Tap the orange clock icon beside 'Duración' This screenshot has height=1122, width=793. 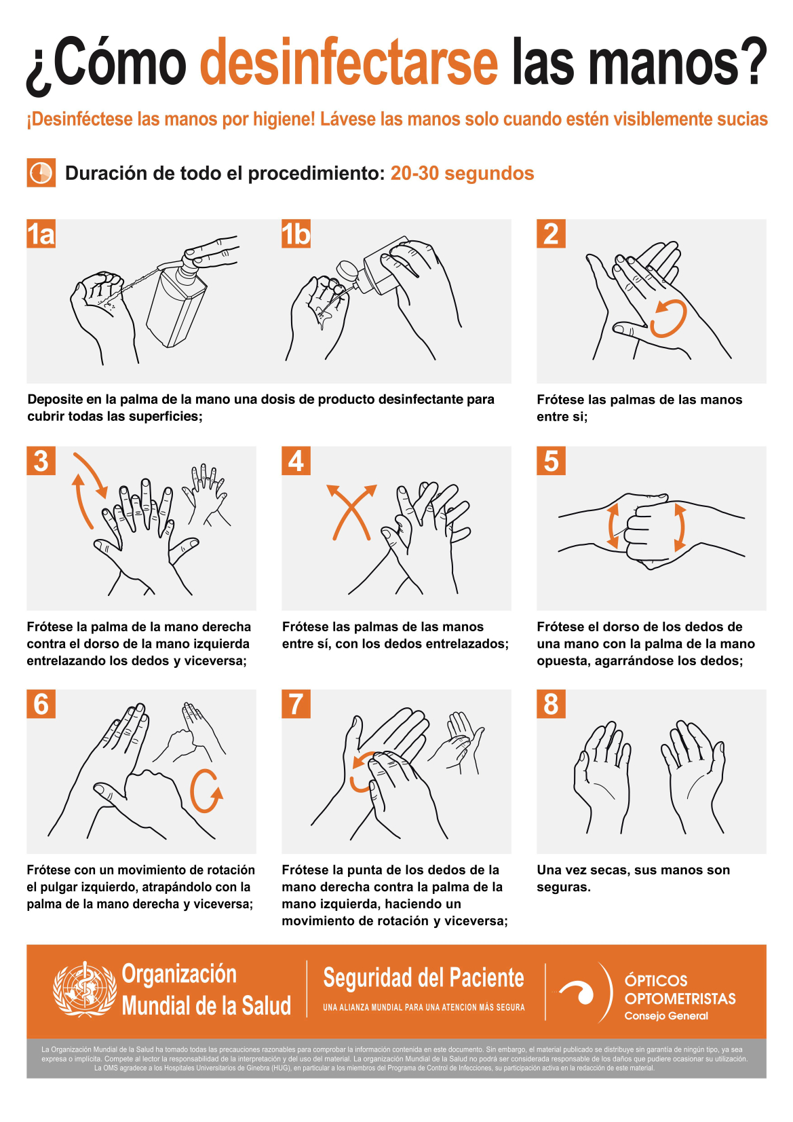(41, 173)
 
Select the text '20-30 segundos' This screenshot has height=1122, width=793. (462, 173)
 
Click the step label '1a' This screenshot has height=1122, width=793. (41, 233)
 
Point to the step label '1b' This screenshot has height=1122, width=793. (296, 233)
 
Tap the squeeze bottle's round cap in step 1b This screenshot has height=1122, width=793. (347, 272)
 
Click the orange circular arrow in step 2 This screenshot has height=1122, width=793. (668, 320)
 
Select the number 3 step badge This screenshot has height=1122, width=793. (41, 461)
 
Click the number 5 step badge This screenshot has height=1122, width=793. (552, 461)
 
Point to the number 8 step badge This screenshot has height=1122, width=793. (552, 704)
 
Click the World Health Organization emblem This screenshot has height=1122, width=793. (85, 989)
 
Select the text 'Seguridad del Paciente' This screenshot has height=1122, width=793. (423, 977)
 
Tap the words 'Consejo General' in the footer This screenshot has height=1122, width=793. (666, 1016)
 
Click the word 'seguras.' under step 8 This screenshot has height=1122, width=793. (564, 887)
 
